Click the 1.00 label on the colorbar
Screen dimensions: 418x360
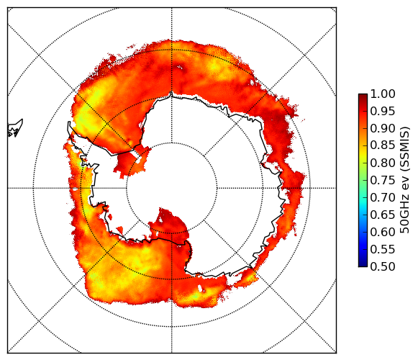tap(383, 94)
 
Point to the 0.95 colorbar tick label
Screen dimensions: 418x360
tap(383, 112)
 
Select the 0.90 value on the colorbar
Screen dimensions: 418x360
tap(383, 128)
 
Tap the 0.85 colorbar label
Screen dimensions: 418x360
tap(383, 145)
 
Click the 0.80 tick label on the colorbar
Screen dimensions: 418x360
tap(383, 163)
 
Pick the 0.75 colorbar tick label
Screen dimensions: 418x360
tap(383, 180)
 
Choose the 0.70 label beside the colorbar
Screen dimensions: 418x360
tap(383, 197)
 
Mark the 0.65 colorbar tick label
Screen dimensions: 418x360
tap(383, 215)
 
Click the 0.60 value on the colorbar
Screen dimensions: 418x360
tap(383, 232)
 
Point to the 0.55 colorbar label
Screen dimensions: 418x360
tap(383, 249)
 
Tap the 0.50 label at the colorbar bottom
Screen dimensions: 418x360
tap(383, 266)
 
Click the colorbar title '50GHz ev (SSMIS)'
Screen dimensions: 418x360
tap(405, 180)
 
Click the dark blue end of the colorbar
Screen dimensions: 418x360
tap(363, 263)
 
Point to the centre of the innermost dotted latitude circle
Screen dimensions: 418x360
tap(172, 188)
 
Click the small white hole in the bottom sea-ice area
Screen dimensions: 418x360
tap(200, 289)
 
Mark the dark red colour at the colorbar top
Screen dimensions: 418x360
tap(363, 96)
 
